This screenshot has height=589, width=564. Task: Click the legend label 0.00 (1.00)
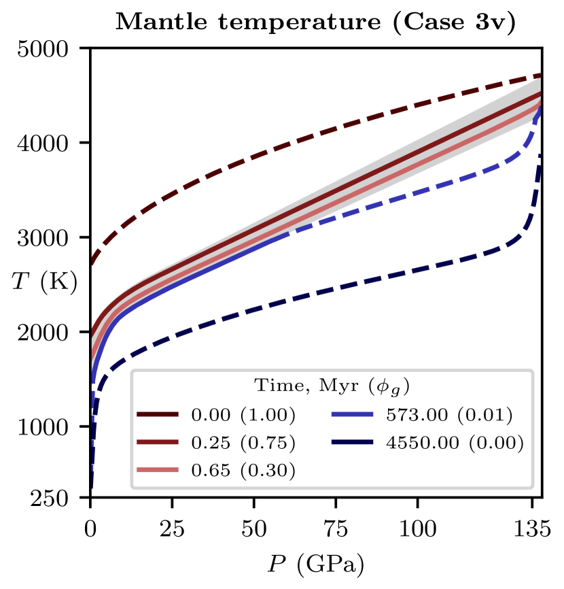243,415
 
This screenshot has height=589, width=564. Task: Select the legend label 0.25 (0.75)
243,443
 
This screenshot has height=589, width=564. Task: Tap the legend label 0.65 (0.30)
243,471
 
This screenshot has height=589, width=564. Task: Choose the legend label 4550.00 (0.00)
455,443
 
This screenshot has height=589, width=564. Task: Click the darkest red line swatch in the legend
158,414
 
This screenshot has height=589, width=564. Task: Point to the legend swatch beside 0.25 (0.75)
158,443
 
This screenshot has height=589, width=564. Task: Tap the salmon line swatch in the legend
158,470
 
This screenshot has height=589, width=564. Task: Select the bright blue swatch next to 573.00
353,414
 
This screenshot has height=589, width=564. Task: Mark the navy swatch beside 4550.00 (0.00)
353,443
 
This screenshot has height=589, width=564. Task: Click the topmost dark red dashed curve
272,149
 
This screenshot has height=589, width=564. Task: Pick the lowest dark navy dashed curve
340,284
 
